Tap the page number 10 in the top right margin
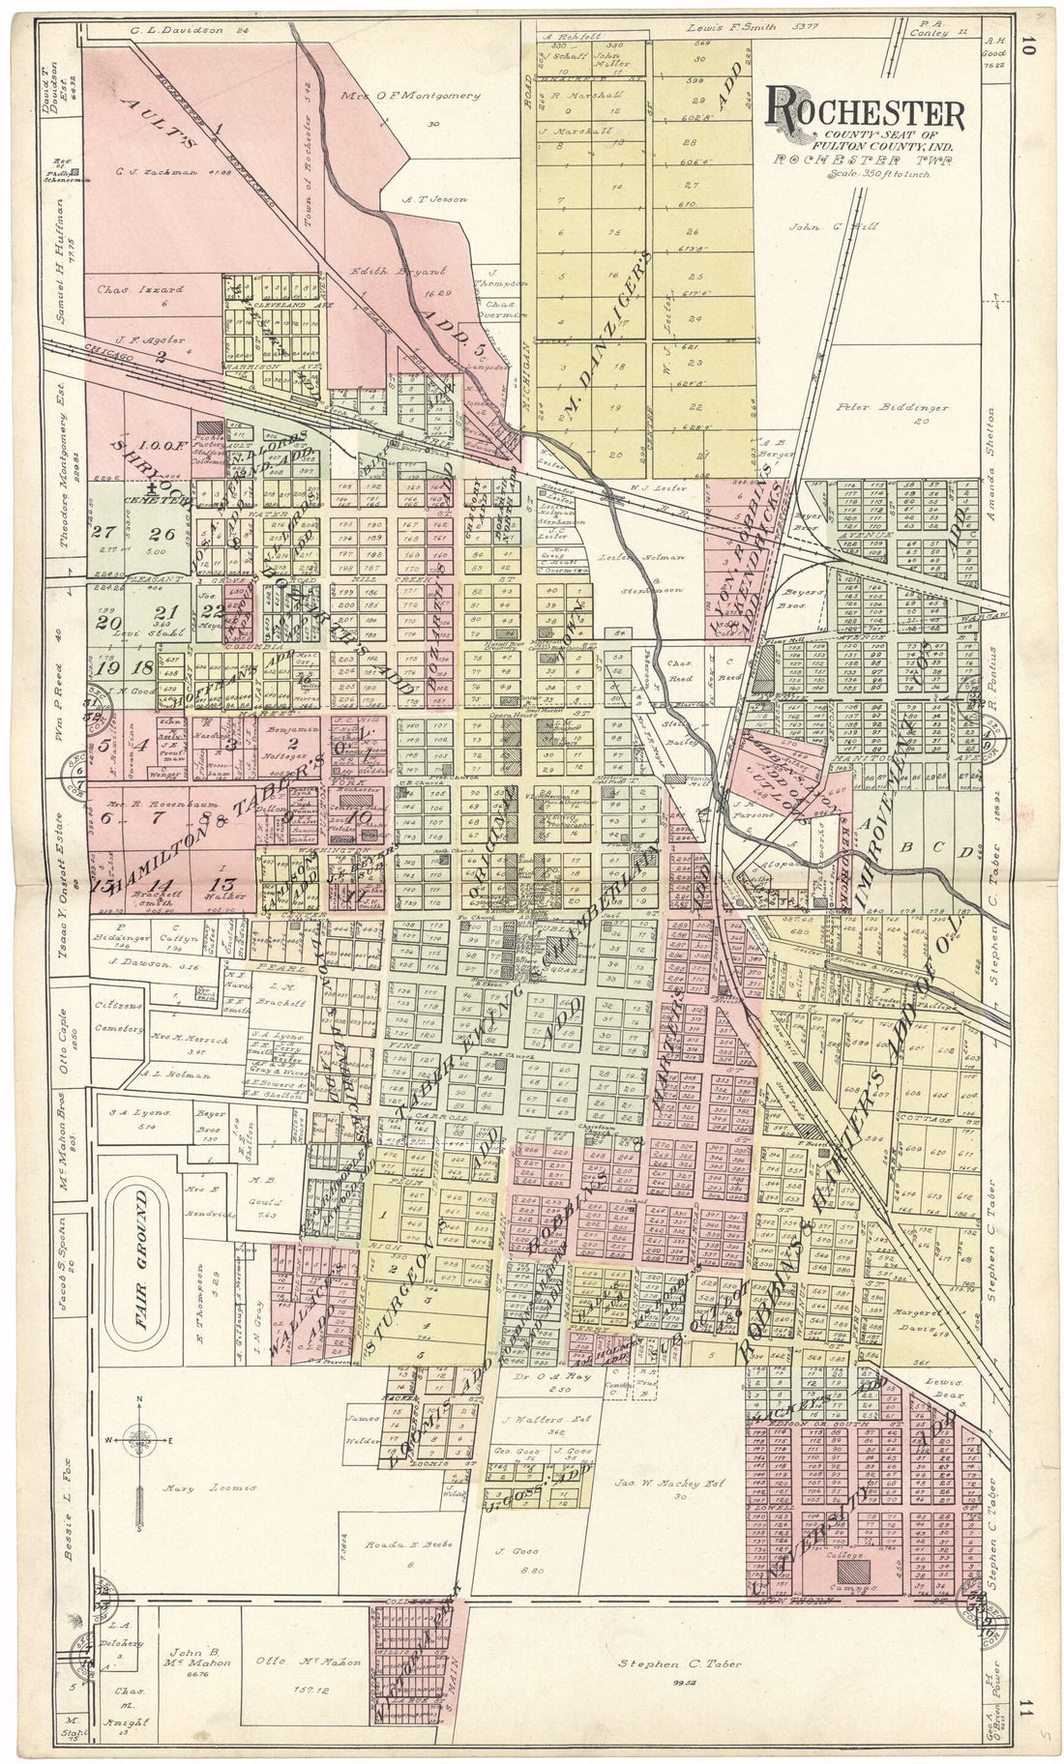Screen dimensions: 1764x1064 click(1028, 45)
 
